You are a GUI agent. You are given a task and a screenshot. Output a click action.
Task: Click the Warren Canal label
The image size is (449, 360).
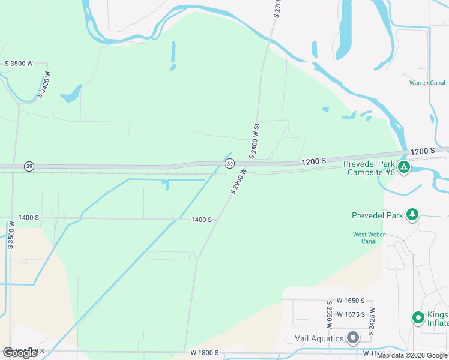[x=427, y=83]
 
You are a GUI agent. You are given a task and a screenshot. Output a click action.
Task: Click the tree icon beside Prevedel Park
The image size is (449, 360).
[x=412, y=214]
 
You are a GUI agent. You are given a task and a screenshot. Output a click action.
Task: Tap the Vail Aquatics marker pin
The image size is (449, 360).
[x=352, y=338]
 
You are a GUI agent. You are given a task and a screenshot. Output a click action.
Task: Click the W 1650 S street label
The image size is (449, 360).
[x=351, y=301]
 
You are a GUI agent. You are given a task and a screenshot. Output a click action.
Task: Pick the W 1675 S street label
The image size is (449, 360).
[x=352, y=314]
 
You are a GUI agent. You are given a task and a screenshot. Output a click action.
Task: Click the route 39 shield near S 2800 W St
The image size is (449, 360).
[x=229, y=163]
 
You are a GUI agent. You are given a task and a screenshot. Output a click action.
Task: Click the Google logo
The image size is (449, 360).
[x=20, y=353]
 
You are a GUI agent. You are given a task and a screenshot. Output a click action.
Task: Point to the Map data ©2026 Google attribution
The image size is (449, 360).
[x=412, y=355]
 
